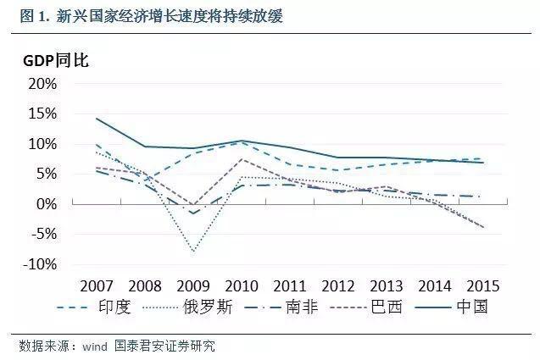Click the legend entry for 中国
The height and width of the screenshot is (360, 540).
(x=472, y=307)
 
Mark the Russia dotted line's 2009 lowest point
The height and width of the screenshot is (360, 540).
(x=194, y=252)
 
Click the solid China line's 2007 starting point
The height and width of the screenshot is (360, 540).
(x=96, y=119)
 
